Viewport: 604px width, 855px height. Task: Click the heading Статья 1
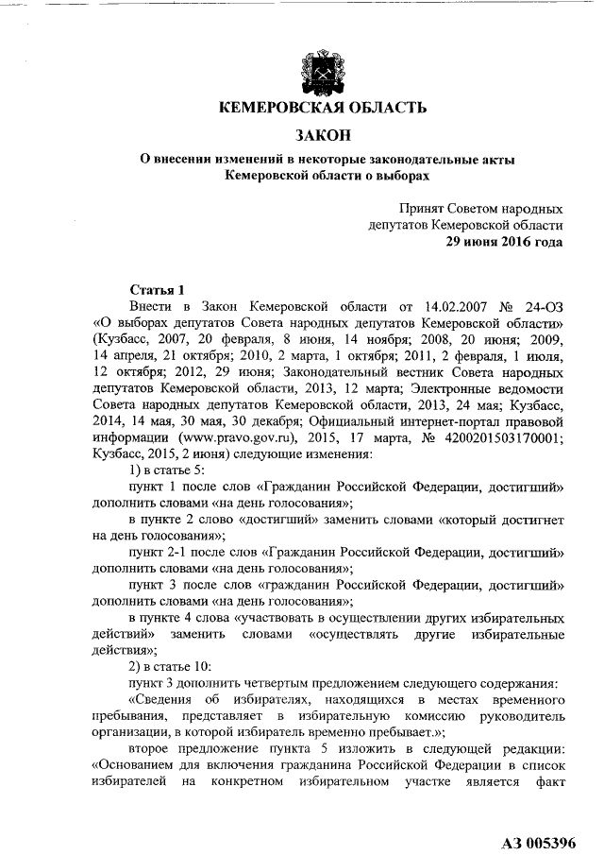(157, 289)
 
